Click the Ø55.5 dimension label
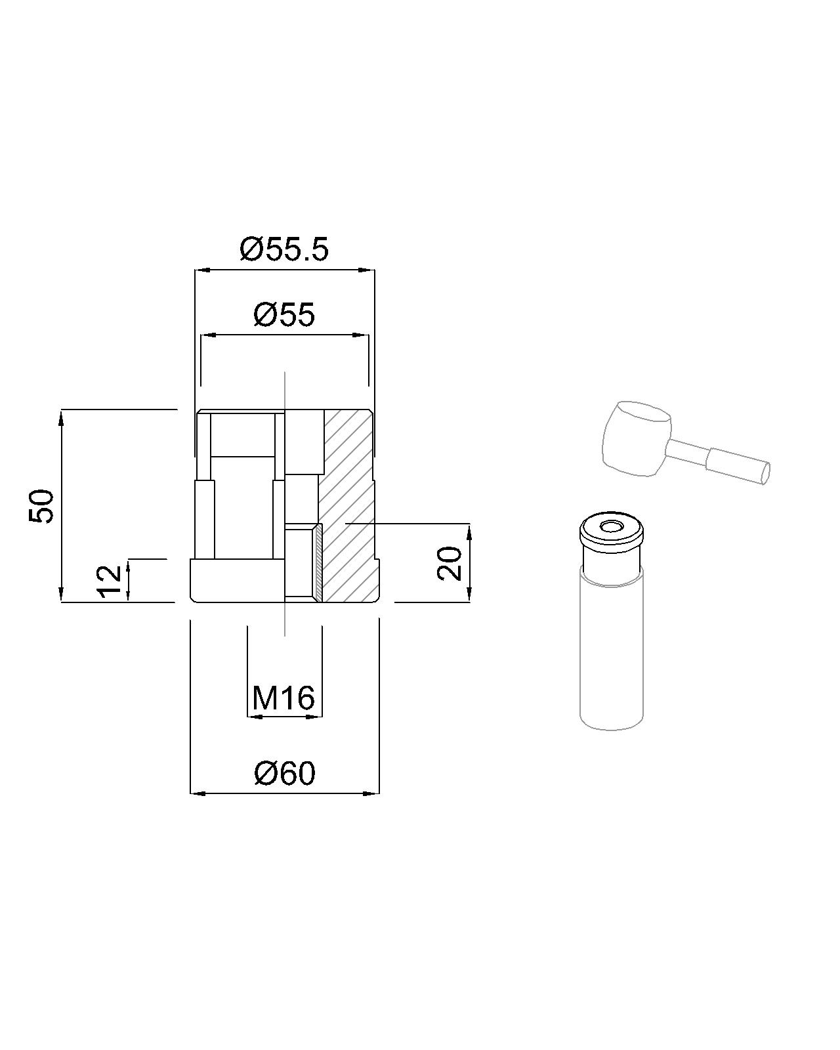tap(284, 249)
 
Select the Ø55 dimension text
tap(284, 314)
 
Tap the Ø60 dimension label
tap(285, 773)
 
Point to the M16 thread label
tap(283, 698)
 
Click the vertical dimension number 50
tap(41, 506)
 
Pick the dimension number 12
tap(110, 581)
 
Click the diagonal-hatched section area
tap(348, 507)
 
